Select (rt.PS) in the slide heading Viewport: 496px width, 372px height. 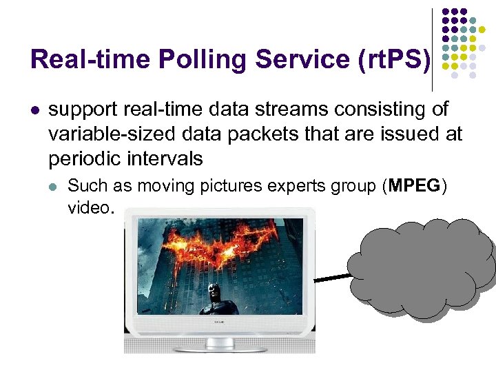click(393, 59)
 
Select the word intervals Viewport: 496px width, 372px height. click(166, 159)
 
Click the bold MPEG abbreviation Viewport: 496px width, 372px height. click(415, 185)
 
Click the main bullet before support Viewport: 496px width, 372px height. click(35, 110)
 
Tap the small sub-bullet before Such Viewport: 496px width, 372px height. click(54, 185)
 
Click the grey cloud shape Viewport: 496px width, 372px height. click(420, 265)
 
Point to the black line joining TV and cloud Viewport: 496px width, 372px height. click(333, 278)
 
